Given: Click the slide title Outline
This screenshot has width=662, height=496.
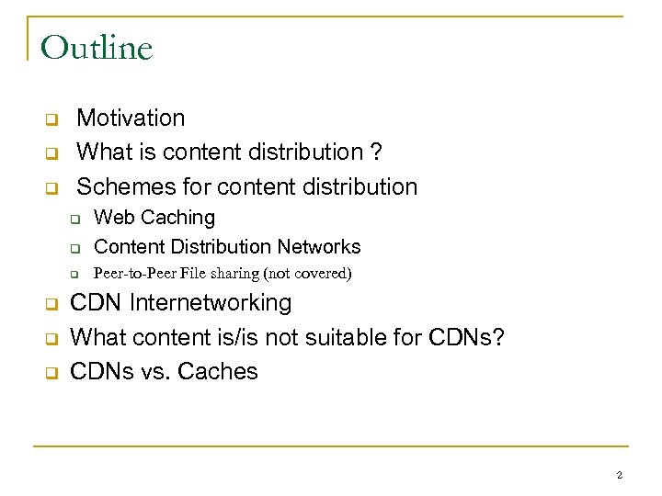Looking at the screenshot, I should [x=97, y=47].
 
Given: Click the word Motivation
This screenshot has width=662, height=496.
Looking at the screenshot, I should [x=131, y=118].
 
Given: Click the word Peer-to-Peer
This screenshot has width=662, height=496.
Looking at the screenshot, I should [x=132, y=273].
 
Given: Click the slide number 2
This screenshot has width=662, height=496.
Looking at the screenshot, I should [x=619, y=475].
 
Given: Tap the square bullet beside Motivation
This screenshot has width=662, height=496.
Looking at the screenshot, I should [x=51, y=119].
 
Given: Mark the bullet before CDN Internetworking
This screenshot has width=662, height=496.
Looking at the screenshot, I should [x=51, y=304].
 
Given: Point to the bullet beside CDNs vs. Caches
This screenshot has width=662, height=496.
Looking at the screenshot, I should [x=51, y=373].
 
